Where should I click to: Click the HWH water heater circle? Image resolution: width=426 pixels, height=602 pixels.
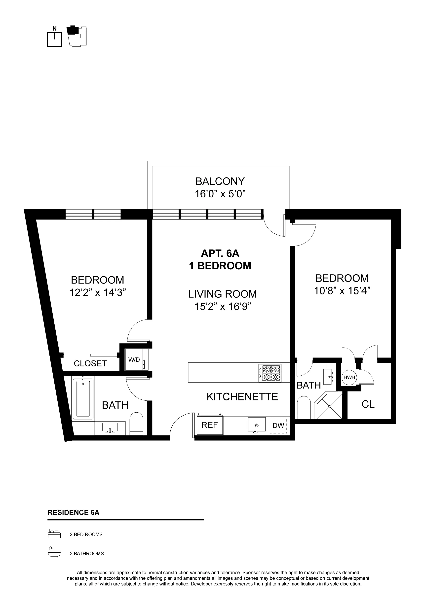coord(349,377)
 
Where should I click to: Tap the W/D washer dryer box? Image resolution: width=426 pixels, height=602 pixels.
coord(134,360)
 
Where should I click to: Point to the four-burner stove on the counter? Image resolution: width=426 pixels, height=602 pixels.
coord(270,373)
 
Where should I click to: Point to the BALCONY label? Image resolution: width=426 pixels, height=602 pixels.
coord(220,181)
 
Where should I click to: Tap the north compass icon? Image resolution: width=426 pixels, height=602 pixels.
coord(55,37)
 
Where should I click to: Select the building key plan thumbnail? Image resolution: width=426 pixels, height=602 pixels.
coord(77,36)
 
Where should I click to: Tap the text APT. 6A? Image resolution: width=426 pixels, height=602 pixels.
coord(220,253)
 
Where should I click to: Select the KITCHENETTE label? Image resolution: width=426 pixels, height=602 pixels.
coord(242,397)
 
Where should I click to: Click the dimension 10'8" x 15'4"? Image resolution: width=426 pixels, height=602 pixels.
coord(342,291)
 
